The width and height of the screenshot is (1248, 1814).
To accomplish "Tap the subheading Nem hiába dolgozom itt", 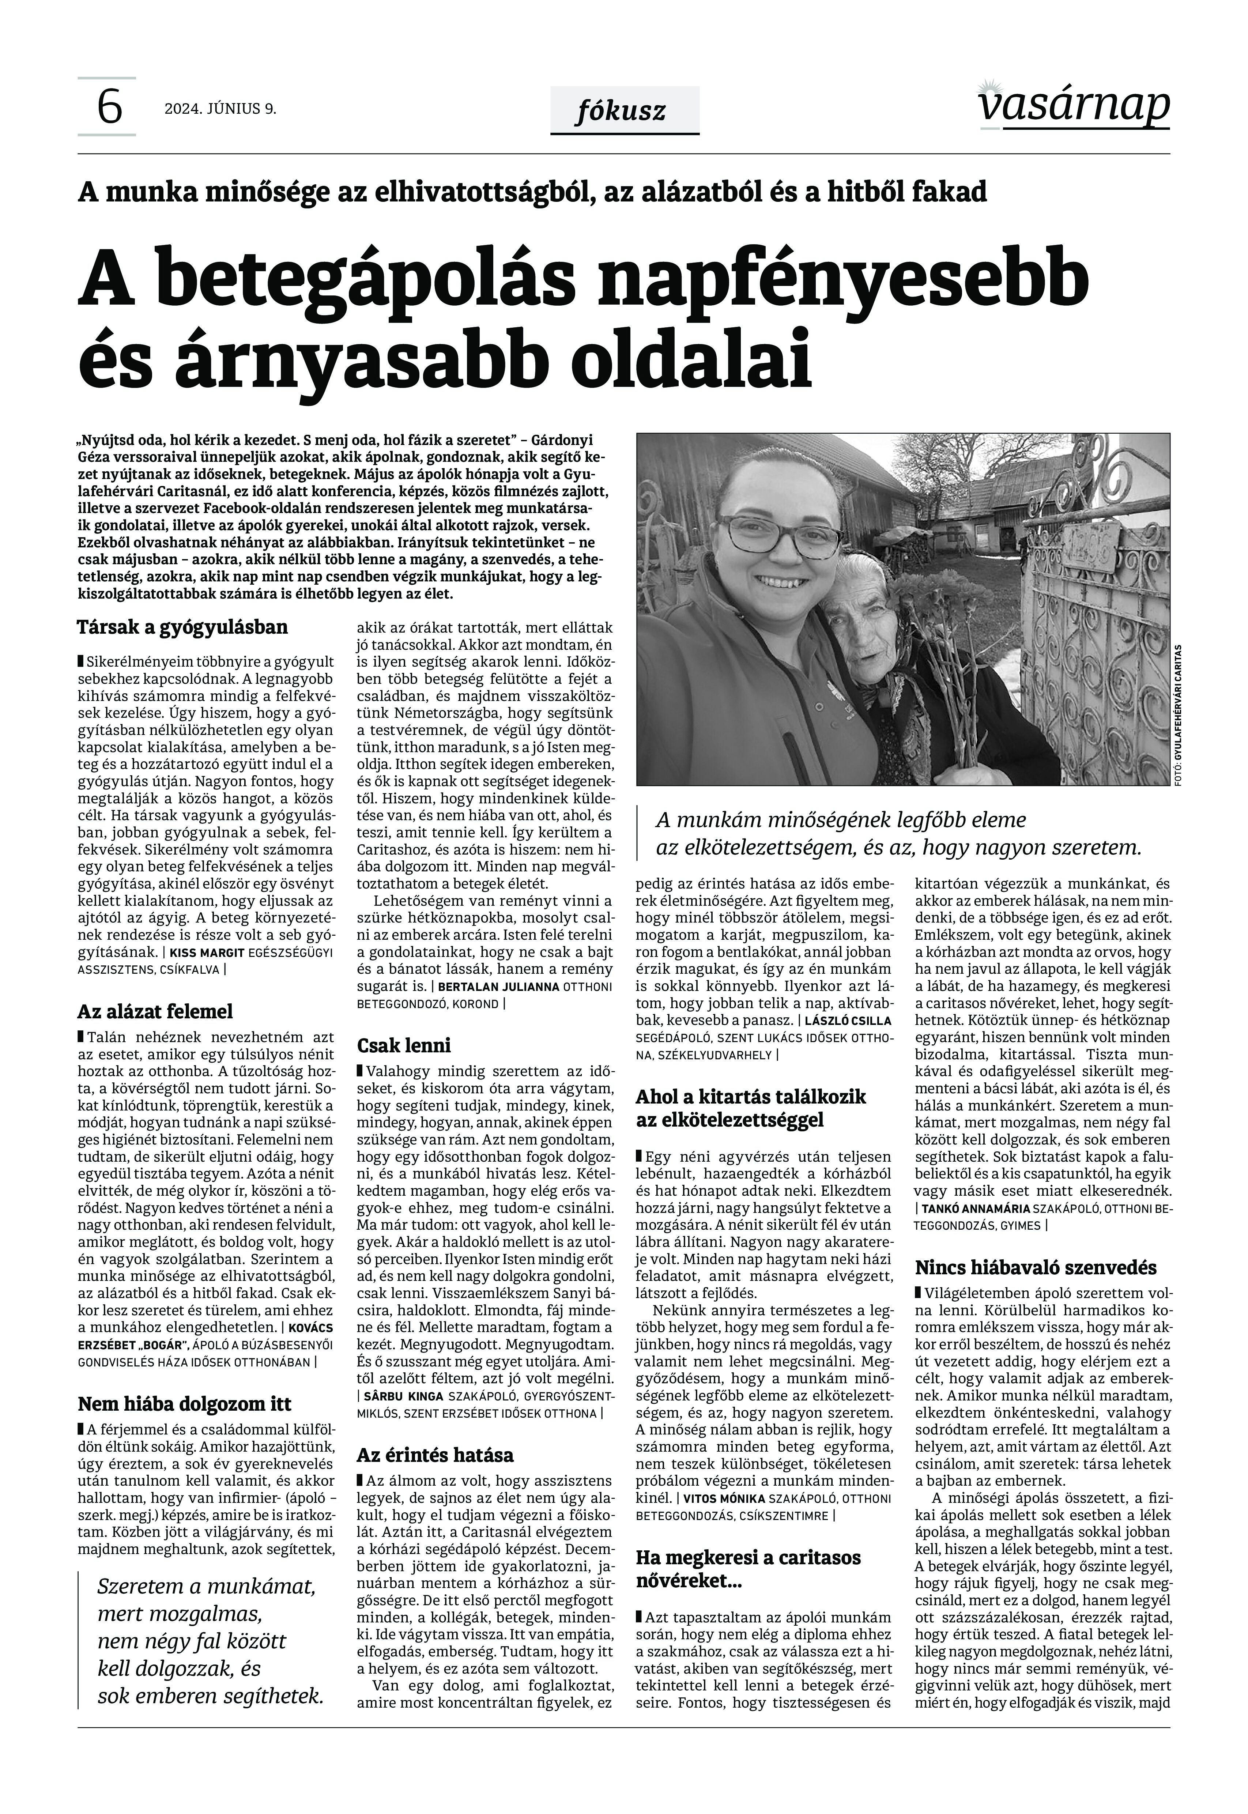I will [185, 1404].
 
